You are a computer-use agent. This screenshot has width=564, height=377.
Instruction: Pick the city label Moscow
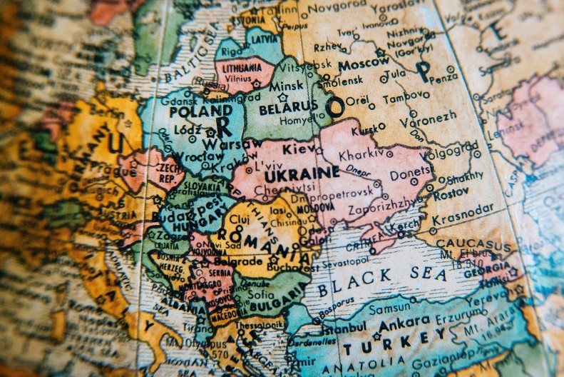[364, 65]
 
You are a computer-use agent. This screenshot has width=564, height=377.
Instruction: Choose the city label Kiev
[299, 149]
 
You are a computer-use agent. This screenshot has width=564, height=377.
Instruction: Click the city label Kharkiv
[361, 154]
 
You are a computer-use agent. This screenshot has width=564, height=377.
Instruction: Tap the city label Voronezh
[428, 116]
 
